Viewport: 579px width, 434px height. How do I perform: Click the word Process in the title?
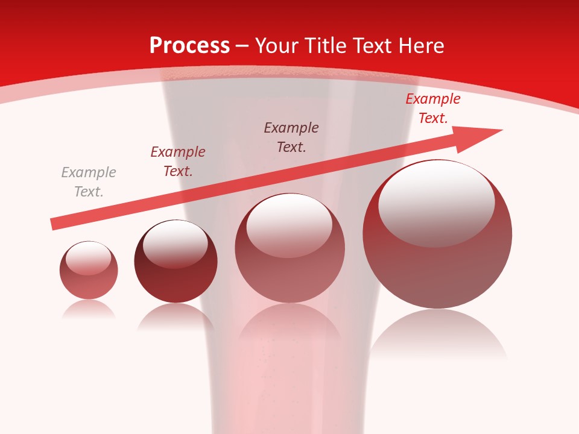pos(189,46)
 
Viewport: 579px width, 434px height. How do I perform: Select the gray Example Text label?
pos(89,182)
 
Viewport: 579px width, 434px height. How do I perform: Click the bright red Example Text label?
pos(432,108)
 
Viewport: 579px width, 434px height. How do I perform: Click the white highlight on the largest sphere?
pos(436,202)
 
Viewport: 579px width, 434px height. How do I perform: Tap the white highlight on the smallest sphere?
pos(88,258)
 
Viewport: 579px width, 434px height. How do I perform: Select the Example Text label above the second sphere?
pos(178,162)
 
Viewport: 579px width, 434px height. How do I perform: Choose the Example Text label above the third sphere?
pos(291,137)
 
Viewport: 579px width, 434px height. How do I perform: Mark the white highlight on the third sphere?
pos(289,225)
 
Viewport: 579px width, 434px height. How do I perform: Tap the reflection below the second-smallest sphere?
pos(176,316)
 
